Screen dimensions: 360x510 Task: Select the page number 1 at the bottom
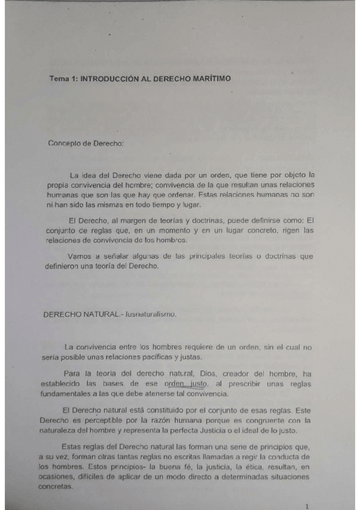pos(307,506)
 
